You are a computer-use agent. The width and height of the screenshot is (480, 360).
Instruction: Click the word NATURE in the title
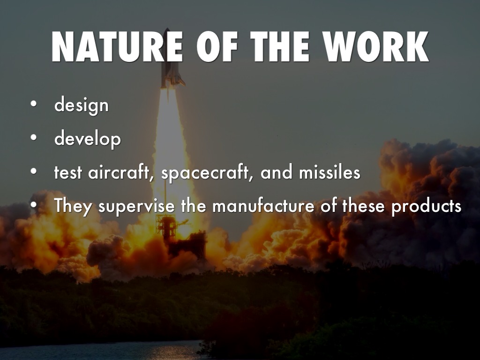point(117,47)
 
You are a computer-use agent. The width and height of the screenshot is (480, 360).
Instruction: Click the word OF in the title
point(217,47)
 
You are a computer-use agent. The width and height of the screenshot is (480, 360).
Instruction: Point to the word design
point(82,105)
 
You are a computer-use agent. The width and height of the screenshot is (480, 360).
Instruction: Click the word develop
point(88,139)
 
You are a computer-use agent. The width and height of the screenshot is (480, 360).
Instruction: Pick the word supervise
point(136,206)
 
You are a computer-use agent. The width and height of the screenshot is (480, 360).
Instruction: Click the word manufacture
point(263,205)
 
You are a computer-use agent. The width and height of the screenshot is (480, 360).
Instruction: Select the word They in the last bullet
point(73,206)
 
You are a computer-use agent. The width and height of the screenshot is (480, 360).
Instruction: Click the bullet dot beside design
point(33,104)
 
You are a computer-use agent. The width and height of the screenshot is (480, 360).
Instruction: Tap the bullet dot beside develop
point(33,137)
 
